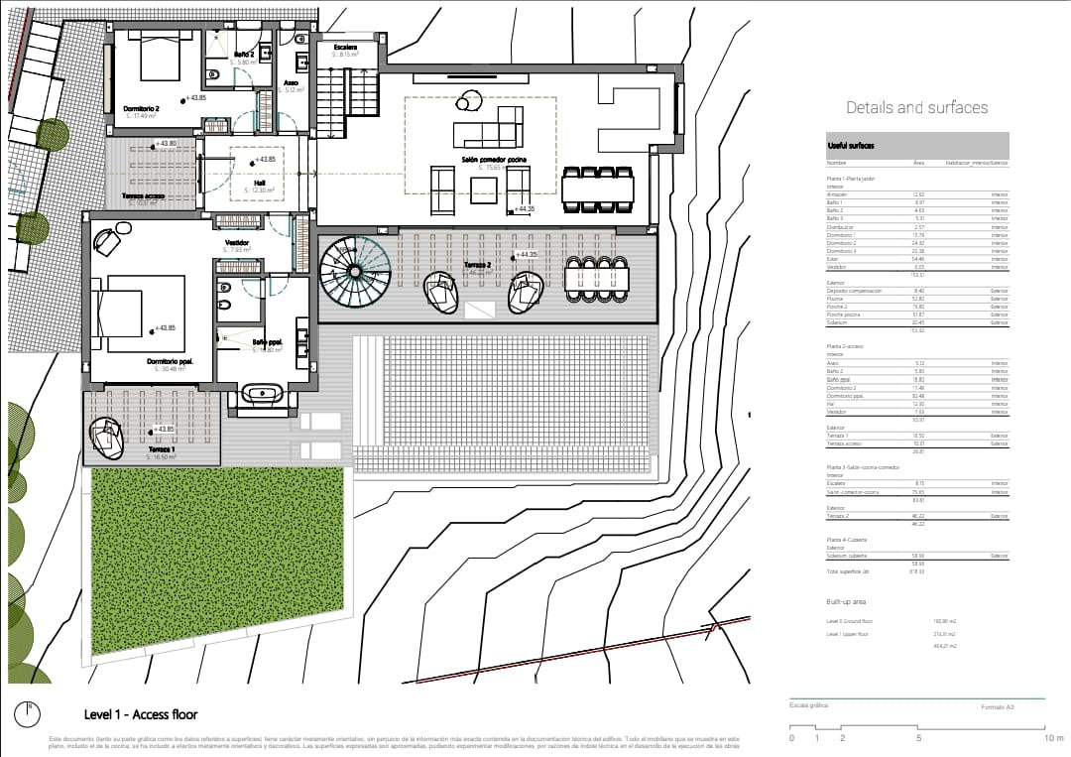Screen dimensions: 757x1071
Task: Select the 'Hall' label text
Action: tap(259, 183)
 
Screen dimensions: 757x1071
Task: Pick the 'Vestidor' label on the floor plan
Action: tap(236, 241)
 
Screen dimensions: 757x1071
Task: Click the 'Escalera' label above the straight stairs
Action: tap(346, 47)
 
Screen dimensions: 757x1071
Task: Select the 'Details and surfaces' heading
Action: tap(916, 107)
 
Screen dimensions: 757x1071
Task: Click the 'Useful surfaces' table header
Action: tap(851, 146)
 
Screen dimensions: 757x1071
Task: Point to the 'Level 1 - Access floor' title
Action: tap(141, 714)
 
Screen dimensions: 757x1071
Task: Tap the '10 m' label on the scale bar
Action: tap(1053, 738)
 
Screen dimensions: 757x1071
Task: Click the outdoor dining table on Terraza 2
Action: tap(598, 278)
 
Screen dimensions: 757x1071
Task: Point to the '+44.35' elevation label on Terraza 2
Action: tap(526, 255)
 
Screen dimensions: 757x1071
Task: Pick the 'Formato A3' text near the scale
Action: tap(997, 707)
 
